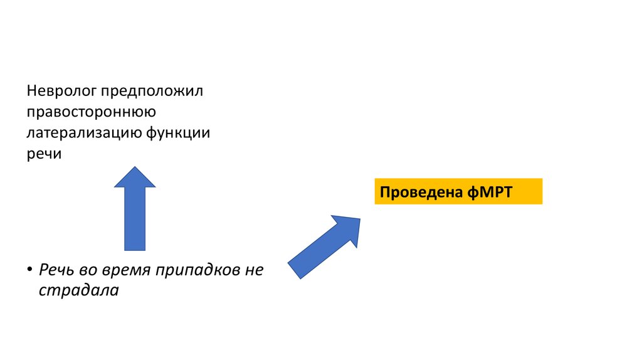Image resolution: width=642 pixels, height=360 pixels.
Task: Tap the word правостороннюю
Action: pyautogui.click(x=87, y=113)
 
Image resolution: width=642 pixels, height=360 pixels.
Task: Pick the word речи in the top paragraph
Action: pyautogui.click(x=44, y=154)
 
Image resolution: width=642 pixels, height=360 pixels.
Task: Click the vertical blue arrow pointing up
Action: pyautogui.click(x=135, y=216)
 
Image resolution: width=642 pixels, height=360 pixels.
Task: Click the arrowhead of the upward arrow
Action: pyautogui.click(x=135, y=178)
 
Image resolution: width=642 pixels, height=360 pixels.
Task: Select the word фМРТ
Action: pyautogui.click(x=490, y=192)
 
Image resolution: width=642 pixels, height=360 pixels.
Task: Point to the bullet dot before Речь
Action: pyautogui.click(x=29, y=270)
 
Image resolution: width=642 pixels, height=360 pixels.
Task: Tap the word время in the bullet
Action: pyautogui.click(x=125, y=270)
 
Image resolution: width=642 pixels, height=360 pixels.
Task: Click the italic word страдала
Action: pyautogui.click(x=78, y=290)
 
